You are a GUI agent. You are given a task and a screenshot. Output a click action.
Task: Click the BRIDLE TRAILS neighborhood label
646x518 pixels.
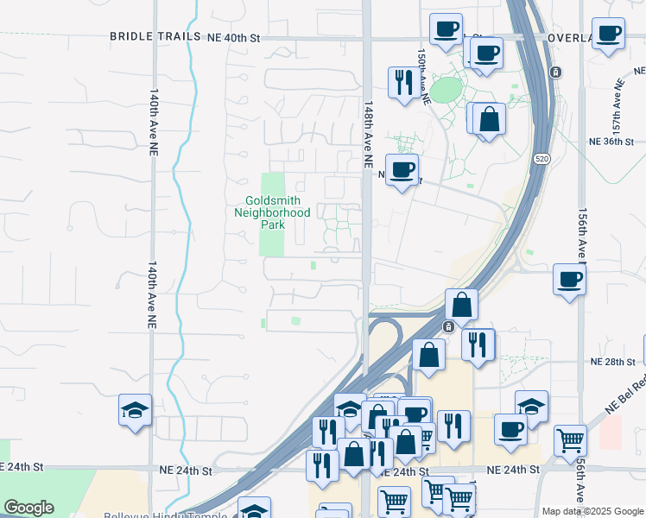pyautogui.click(x=154, y=37)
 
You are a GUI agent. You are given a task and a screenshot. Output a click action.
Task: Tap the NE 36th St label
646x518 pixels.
pyautogui.click(x=611, y=141)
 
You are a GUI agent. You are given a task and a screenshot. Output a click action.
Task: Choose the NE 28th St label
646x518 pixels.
pyautogui.click(x=613, y=363)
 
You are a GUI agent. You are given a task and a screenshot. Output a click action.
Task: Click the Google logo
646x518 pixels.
pyautogui.click(x=29, y=507)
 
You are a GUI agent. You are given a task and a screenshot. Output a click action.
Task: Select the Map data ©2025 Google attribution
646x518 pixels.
pyautogui.click(x=592, y=511)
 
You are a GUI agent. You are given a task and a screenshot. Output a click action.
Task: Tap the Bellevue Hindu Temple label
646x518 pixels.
pyautogui.click(x=165, y=516)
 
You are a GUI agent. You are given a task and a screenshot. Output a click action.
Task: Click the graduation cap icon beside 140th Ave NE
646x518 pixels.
pyautogui.click(x=136, y=409)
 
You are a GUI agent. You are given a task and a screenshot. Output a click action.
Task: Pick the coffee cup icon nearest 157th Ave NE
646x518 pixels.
pyautogui.click(x=609, y=34)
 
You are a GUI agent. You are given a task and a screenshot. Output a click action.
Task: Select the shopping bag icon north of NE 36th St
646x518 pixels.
pyautogui.click(x=489, y=119)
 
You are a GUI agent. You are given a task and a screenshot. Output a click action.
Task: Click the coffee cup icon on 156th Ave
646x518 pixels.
pyautogui.click(x=569, y=279)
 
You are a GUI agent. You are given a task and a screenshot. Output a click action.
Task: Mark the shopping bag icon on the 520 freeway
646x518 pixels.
pyautogui.click(x=462, y=304)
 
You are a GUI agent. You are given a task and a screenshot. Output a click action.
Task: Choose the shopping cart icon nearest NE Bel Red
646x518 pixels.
pyautogui.click(x=571, y=440)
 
